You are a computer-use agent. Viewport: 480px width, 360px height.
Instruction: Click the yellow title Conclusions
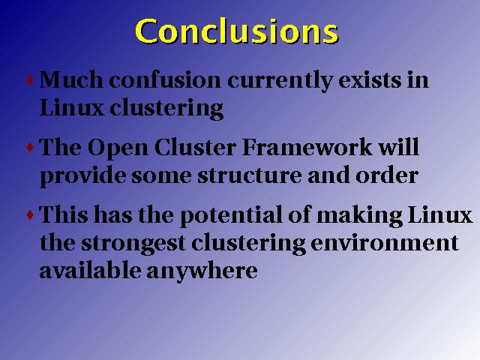tap(237, 31)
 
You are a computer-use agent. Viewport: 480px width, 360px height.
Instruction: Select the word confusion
tap(165, 79)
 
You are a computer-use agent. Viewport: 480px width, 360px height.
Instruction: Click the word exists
tap(370, 79)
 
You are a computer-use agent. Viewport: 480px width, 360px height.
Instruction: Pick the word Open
tap(118, 149)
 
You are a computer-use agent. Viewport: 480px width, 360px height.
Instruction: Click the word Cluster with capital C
tap(195, 147)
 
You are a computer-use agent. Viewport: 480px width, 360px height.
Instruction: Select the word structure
tap(249, 176)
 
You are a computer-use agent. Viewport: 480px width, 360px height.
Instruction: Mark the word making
tap(359, 216)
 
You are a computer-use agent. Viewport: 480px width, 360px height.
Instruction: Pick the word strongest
tap(133, 244)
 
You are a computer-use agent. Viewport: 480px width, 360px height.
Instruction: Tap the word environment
tap(385, 243)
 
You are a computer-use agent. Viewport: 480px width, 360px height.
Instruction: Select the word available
tap(90, 270)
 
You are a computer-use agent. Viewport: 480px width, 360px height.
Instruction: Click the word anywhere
tap(202, 271)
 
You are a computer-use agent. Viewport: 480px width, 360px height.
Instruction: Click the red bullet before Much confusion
tap(30, 80)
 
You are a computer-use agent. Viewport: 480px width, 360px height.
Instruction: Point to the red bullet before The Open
tap(30, 148)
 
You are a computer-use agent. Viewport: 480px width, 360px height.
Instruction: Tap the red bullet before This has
tap(30, 215)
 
